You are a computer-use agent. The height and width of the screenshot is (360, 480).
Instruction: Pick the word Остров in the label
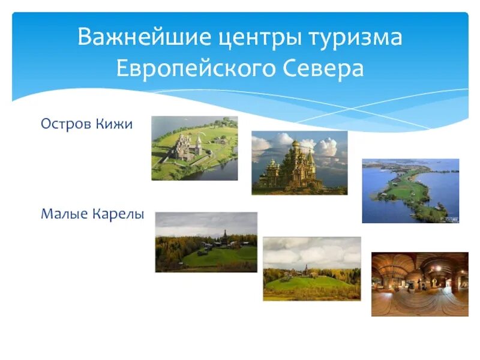pos(65,124)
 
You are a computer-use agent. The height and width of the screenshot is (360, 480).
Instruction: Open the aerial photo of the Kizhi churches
pos(194,148)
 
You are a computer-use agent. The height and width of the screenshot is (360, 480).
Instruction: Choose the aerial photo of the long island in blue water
pos(410,191)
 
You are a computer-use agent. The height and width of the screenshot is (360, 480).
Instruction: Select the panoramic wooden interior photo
pos(419,284)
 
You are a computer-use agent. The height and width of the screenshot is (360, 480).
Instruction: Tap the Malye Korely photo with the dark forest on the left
pos(206,242)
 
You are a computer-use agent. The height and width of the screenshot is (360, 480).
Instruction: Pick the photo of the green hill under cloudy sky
pos(311,268)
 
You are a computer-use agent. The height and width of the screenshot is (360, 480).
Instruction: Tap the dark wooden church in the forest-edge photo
pos(224,238)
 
